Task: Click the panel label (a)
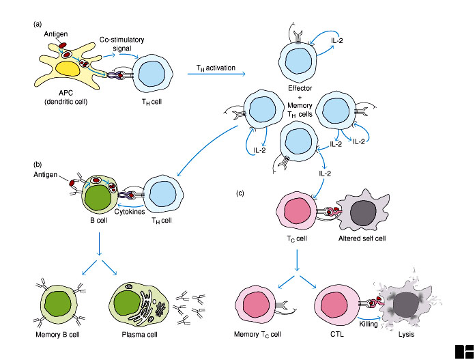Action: [x=38, y=25]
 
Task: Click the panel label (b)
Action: [x=38, y=165]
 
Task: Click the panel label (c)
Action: [x=240, y=193]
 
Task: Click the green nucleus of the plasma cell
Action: [x=128, y=303]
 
